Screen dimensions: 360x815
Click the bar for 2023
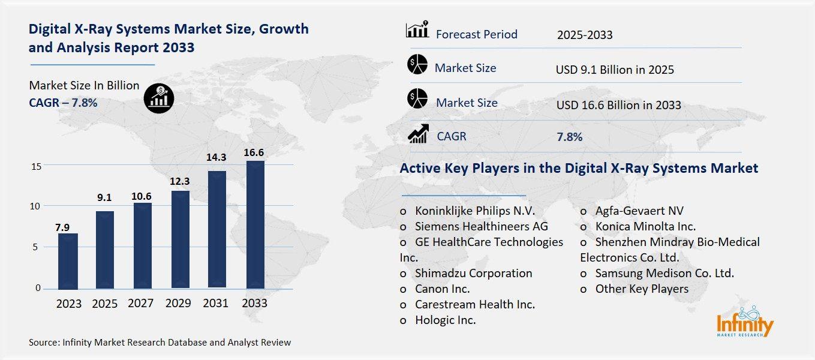pos(68,261)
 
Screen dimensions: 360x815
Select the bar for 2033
pos(254,224)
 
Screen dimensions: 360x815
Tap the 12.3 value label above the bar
pos(179,181)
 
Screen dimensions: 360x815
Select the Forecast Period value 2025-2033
pos(584,35)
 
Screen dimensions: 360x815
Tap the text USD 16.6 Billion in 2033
pos(618,105)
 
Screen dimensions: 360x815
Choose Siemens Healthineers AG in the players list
pos(481,226)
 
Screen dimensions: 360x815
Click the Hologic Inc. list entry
pos(445,320)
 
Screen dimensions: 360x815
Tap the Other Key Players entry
pos(641,289)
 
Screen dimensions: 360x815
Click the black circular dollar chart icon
pos(159,97)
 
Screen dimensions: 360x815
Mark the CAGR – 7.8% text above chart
pos(63,103)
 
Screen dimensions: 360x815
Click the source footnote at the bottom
pos(160,343)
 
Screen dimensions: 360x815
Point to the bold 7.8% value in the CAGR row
pos(569,137)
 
